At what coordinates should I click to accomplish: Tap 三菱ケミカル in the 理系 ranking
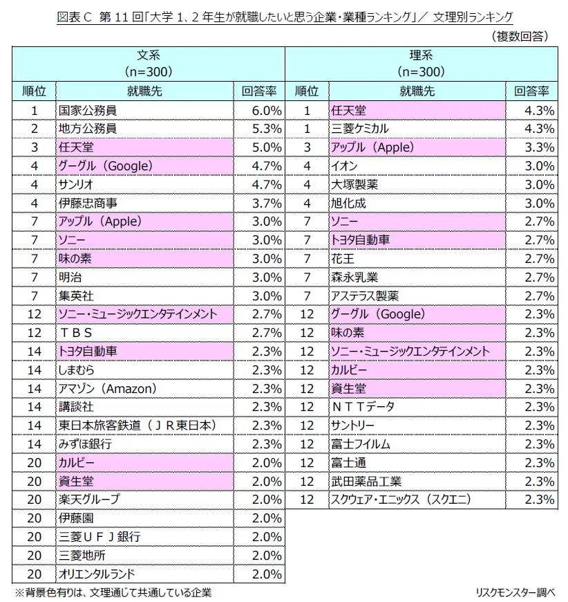pyautogui.click(x=360, y=129)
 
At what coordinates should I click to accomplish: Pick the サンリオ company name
pyautogui.click(x=77, y=185)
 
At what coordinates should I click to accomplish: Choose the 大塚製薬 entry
pyautogui.click(x=354, y=185)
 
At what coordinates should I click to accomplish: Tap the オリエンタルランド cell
pyautogui.click(x=97, y=574)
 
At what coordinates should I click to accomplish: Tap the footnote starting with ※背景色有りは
pyautogui.click(x=114, y=592)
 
